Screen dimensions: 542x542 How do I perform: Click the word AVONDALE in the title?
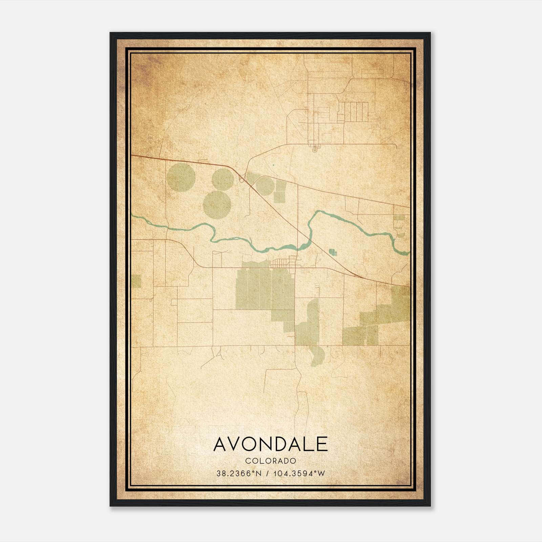271,444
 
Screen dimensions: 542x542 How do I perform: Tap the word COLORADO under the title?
271,461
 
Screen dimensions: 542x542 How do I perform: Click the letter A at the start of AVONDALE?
221,444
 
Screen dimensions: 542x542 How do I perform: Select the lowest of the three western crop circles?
217,205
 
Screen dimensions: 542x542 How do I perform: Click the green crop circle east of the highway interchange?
264,186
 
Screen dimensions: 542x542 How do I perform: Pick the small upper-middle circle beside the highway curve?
223,179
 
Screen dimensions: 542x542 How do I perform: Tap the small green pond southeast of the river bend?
333,252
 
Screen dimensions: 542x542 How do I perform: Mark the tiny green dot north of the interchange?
273,165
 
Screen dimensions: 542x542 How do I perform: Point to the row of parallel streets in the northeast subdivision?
354,112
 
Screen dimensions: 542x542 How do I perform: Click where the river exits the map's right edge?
408,252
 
